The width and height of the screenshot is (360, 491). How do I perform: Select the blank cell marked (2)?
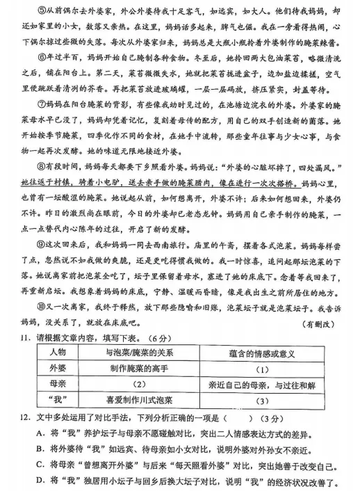coord(139,385)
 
